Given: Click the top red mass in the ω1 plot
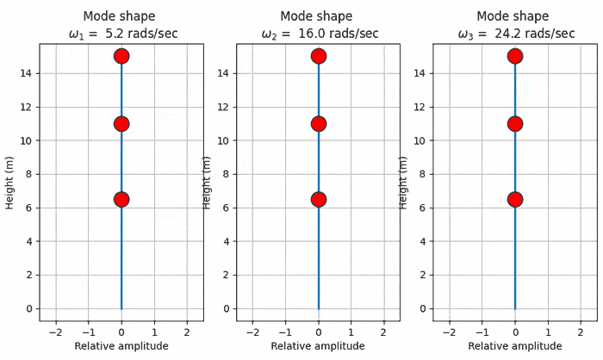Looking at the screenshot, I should pyautogui.click(x=121, y=56).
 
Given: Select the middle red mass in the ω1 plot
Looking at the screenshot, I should pyautogui.click(x=121, y=123).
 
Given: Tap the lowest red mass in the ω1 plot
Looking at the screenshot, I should pyautogui.click(x=121, y=199).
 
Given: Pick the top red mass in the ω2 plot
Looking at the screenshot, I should pyautogui.click(x=319, y=56).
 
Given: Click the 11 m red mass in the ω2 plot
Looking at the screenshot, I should pyautogui.click(x=319, y=123).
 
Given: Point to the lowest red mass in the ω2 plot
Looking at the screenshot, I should pyautogui.click(x=319, y=199).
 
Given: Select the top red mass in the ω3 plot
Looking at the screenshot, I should pyautogui.click(x=515, y=56).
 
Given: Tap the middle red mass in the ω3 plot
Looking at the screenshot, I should pyautogui.click(x=515, y=123).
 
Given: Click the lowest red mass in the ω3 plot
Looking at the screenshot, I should pyautogui.click(x=515, y=199).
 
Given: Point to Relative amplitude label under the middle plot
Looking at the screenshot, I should pyautogui.click(x=319, y=346).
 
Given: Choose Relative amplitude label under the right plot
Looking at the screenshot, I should pyautogui.click(x=515, y=346).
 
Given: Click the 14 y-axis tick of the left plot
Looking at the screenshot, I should pyautogui.click(x=25, y=73).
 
